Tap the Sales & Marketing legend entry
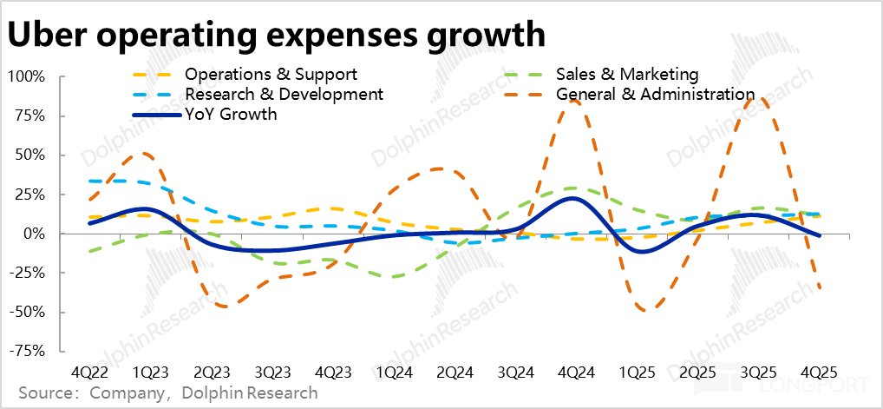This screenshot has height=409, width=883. pos(627,75)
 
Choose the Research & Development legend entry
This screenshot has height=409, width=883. pos(284,94)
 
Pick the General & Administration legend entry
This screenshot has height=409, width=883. pos(656,94)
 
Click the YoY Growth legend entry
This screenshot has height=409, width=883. pos(231,114)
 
